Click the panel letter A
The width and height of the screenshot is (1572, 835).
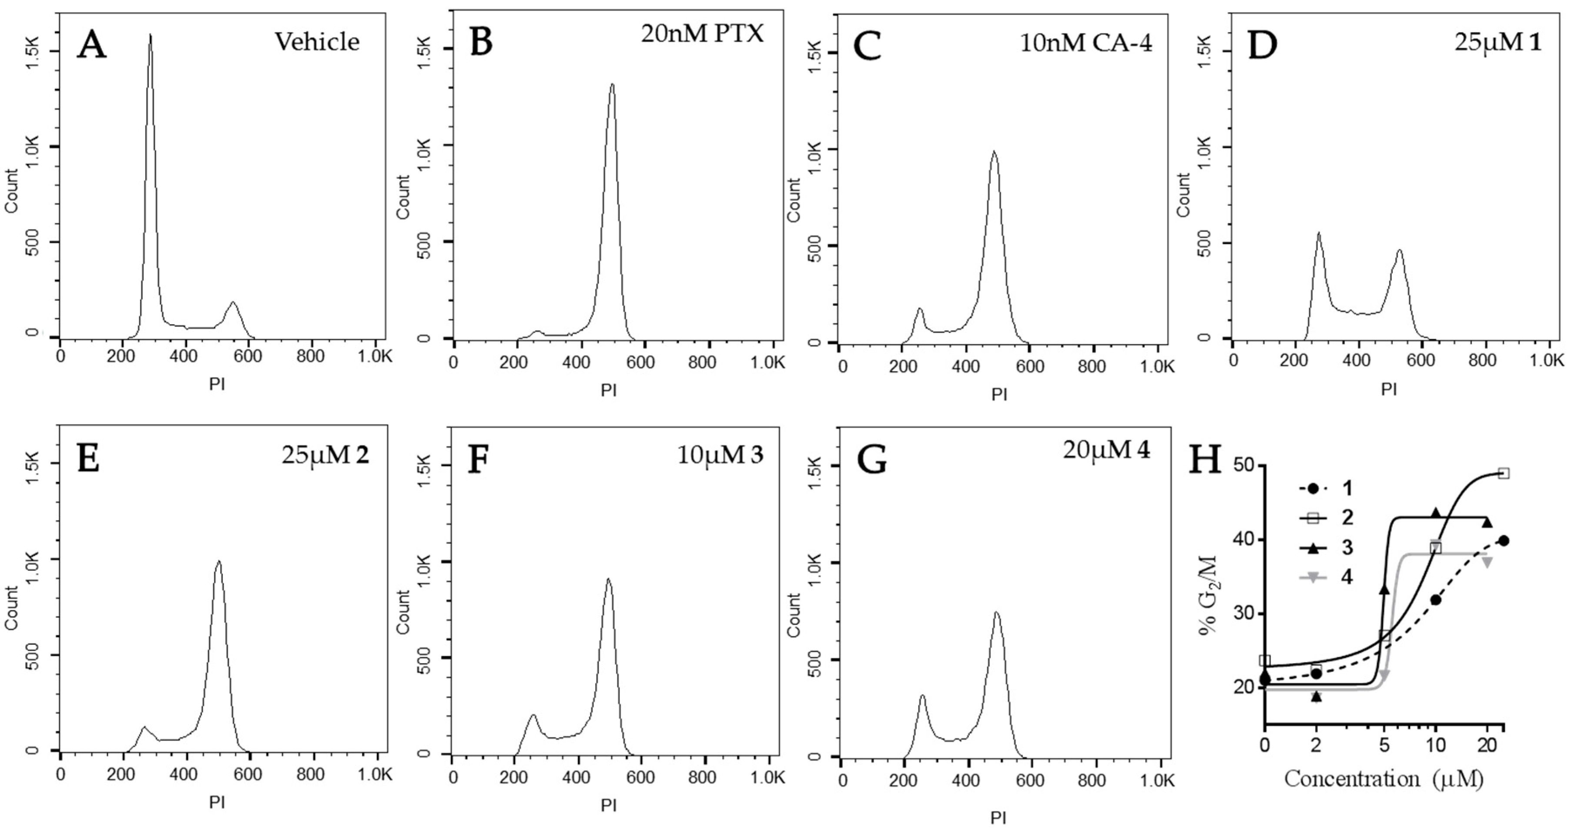[x=91, y=44]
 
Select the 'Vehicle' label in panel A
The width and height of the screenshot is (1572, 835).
[x=317, y=41]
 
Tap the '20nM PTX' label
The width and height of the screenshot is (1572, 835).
[x=702, y=33]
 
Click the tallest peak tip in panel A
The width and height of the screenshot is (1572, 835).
[x=150, y=35]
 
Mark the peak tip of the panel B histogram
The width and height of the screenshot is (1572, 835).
[x=612, y=85]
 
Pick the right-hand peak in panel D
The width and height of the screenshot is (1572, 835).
[x=1399, y=250]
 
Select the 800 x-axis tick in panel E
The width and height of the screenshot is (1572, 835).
[x=314, y=775]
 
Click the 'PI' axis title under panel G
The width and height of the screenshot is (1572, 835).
[x=999, y=817]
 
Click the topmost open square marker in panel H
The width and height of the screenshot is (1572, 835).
[x=1504, y=473]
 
